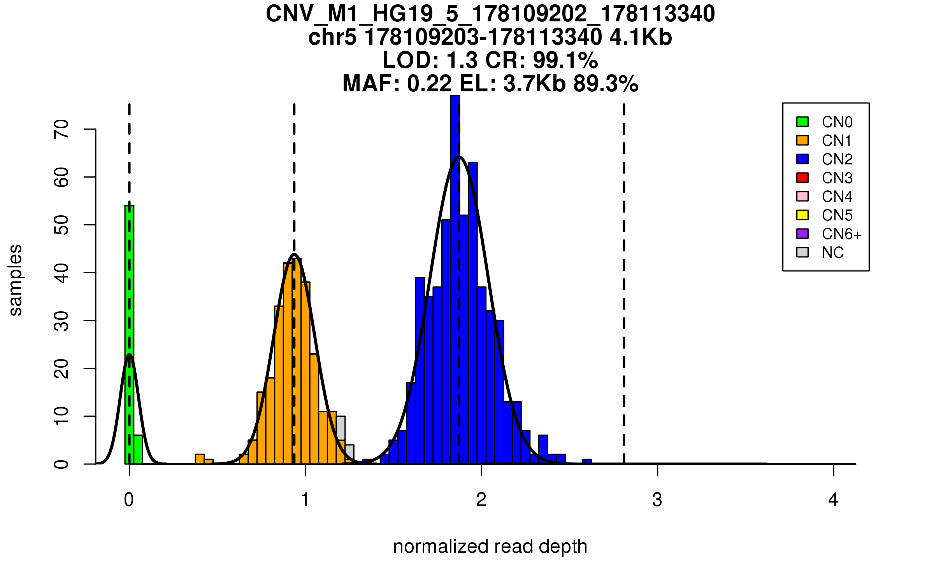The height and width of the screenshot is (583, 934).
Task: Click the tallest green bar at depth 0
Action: click(x=129, y=334)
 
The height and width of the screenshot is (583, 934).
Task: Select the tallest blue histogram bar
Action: click(x=455, y=280)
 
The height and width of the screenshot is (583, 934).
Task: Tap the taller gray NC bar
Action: click(x=341, y=428)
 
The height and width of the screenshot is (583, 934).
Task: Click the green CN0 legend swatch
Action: click(x=802, y=122)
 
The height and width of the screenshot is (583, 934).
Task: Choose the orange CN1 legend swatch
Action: click(x=802, y=140)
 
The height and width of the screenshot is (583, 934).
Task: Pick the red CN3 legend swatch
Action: click(x=802, y=178)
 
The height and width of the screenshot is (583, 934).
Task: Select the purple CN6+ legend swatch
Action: click(x=802, y=234)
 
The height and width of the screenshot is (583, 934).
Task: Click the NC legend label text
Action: click(x=833, y=253)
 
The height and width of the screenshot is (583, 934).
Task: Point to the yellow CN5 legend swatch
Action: click(x=802, y=215)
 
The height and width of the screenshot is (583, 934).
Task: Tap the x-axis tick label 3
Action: click(x=657, y=500)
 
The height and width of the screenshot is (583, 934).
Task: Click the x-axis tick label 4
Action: click(x=833, y=500)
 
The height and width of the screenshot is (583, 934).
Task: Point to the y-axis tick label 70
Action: click(x=61, y=129)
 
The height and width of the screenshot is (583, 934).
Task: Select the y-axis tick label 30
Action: click(x=61, y=321)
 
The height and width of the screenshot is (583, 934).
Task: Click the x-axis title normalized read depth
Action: click(x=490, y=546)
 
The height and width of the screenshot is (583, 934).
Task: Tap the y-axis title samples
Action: click(x=16, y=280)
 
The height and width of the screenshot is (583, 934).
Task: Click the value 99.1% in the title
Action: click(x=565, y=60)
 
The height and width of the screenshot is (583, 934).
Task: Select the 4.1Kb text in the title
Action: click(x=641, y=37)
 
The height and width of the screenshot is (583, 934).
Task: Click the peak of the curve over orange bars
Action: click(x=295, y=255)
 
